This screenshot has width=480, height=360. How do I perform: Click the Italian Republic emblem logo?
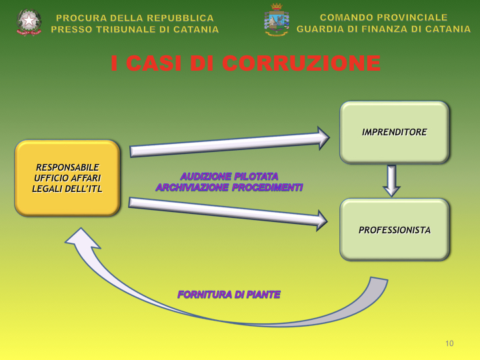pyautogui.click(x=29, y=22)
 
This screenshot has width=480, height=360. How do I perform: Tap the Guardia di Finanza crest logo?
pyautogui.click(x=276, y=21)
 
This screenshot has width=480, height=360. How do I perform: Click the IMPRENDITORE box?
pyautogui.click(x=394, y=132)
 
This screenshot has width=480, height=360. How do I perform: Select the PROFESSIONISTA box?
pyautogui.click(x=394, y=230)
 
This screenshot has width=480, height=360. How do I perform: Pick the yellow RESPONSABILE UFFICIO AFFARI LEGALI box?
pyautogui.click(x=67, y=178)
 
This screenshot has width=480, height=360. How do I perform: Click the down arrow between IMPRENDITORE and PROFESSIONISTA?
pyautogui.click(x=391, y=181)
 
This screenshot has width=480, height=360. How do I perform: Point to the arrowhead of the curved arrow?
pyautogui.click(x=81, y=239)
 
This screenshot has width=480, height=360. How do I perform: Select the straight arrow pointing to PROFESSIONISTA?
pyautogui.click(x=227, y=211)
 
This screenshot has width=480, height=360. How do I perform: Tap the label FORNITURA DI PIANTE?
pyautogui.click(x=229, y=294)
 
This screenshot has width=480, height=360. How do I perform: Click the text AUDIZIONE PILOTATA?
pyautogui.click(x=229, y=177)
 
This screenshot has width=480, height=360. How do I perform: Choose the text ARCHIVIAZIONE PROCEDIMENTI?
pyautogui.click(x=229, y=188)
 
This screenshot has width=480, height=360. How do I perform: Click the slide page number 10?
pyautogui.click(x=449, y=343)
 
